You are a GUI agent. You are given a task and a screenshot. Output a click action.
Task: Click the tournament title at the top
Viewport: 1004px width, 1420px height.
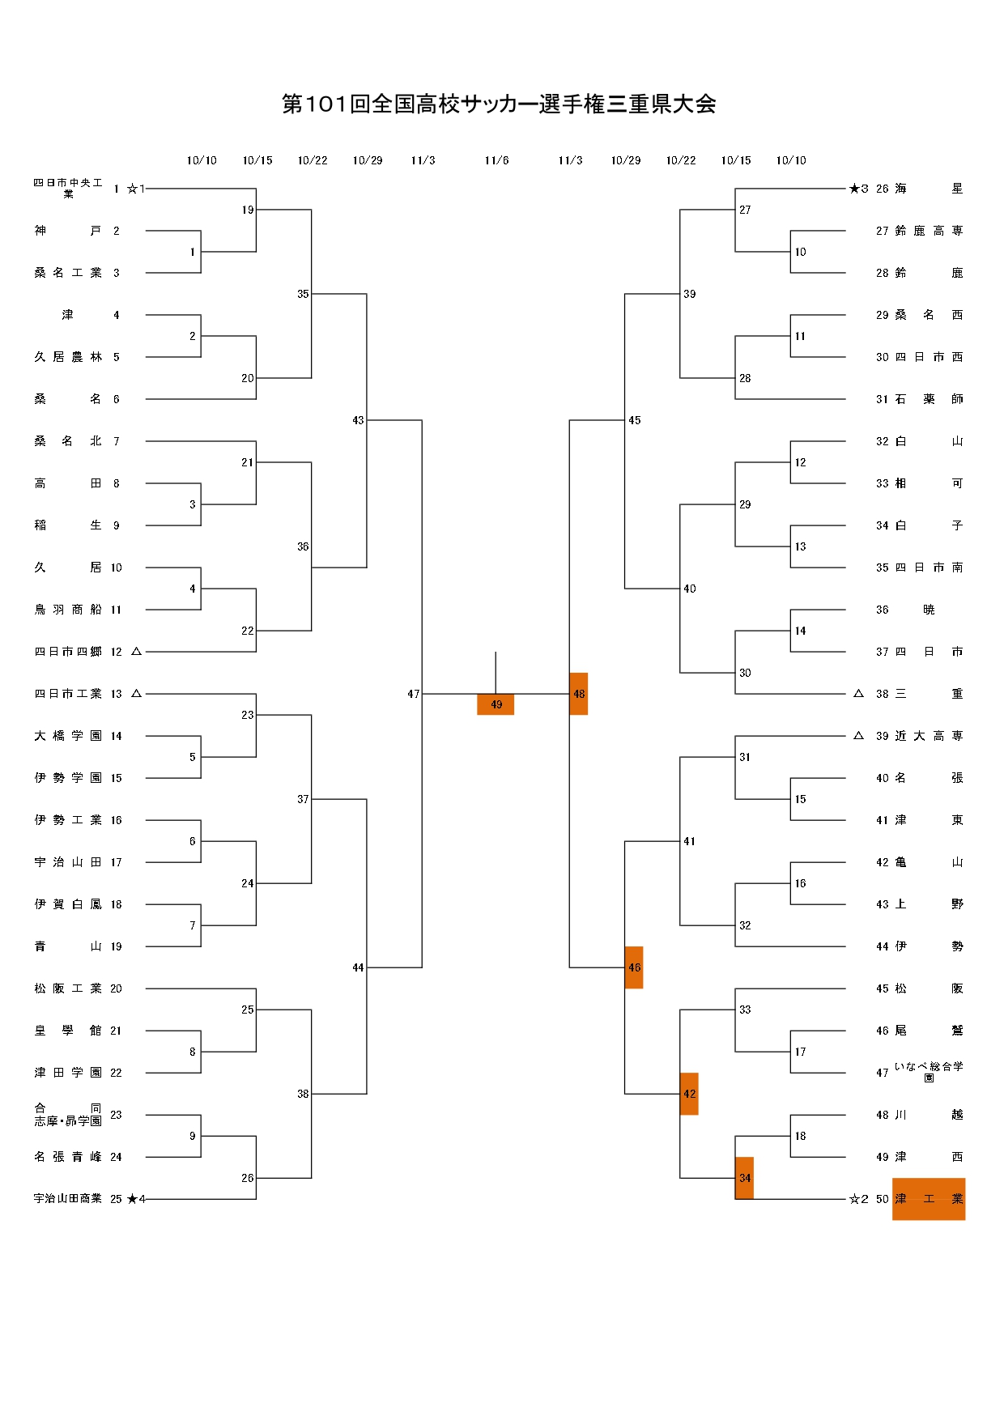499,104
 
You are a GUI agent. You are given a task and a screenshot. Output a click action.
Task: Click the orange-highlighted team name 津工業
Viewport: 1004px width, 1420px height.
928,1199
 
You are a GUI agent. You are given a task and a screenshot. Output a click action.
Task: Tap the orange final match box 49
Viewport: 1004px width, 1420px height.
496,704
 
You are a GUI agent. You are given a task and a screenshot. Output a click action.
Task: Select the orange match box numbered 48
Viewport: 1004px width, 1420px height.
578,694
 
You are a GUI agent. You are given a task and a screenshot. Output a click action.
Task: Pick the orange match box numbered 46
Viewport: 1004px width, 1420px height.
634,967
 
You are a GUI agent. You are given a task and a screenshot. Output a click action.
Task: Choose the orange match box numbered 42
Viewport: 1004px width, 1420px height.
689,1094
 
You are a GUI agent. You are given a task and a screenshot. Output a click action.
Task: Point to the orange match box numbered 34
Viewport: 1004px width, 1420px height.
744,1178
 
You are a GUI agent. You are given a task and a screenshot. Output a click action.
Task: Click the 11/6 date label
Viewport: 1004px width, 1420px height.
496,160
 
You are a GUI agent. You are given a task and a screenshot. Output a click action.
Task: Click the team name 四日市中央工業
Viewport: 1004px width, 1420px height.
68,188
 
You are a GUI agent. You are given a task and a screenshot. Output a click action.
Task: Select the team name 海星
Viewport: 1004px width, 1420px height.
929,189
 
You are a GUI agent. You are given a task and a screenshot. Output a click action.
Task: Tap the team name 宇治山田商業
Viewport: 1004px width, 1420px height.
68,1199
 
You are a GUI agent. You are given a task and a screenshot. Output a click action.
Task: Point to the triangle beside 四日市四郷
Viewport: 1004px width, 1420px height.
136,651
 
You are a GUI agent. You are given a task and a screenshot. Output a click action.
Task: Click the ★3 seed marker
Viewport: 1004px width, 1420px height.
858,189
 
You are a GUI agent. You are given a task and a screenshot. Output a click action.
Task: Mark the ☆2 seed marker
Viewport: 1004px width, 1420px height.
858,1199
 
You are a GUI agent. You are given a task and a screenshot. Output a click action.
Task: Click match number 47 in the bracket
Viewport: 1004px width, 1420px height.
413,694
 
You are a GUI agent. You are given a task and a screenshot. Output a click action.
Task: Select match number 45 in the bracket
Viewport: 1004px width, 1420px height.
635,420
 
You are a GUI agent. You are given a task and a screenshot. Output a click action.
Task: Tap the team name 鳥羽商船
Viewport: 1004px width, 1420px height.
68,610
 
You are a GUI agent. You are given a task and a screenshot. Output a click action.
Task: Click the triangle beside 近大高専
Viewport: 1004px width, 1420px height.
858,736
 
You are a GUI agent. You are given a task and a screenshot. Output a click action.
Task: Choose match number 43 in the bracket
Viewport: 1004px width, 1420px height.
358,420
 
